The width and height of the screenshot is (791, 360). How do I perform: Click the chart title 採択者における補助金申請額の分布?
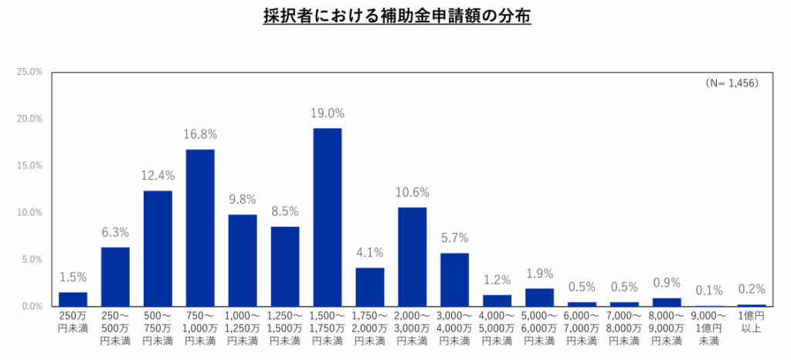pos(396,16)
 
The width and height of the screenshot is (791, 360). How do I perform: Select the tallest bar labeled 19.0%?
pos(328,217)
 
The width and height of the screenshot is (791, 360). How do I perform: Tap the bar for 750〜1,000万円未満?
pos(200,228)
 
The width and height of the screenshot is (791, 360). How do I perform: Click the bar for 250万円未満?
pos(73,299)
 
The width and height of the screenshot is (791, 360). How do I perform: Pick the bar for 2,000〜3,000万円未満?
pos(412,256)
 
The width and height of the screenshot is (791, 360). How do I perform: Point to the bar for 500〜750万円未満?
pos(158,248)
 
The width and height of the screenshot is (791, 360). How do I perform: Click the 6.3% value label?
pos(115,232)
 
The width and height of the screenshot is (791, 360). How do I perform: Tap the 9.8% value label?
pos(243,199)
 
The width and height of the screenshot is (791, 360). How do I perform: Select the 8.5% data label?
pos(285,211)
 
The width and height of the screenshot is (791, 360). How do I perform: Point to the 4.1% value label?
pos(370,253)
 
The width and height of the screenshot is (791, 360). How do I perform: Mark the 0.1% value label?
pos(709,290)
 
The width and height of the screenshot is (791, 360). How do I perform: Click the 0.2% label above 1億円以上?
pos(752,290)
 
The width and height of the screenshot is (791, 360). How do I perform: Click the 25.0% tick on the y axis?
pos(30,72)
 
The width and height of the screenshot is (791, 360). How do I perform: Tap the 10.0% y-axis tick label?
pos(30,212)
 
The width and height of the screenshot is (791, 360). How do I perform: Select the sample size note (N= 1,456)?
pos(731,83)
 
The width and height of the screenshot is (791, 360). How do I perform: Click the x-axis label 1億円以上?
pos(752,322)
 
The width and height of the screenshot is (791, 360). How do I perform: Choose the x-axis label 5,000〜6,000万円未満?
pos(540,328)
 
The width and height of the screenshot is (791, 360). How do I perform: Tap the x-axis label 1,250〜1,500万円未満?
pos(285,328)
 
